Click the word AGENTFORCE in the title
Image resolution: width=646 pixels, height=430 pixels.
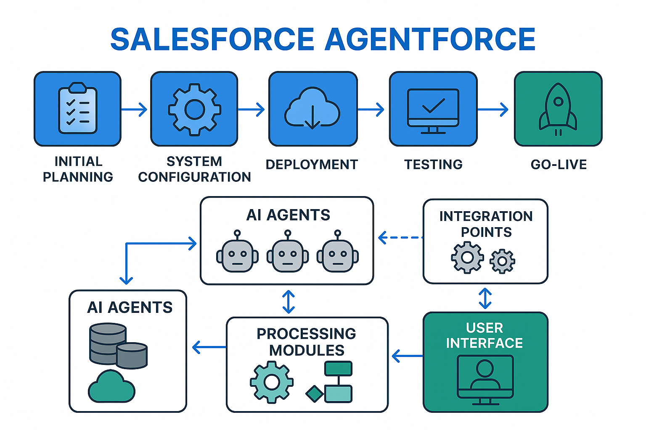[x=429, y=39]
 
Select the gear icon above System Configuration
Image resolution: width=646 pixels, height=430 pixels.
[x=194, y=109]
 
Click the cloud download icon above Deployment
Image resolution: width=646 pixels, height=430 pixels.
[x=312, y=109]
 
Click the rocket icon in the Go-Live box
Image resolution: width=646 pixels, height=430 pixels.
[x=558, y=108]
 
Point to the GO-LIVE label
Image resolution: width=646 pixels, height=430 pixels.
[x=559, y=164]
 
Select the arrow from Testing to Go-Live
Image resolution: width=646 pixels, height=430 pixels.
[x=493, y=110]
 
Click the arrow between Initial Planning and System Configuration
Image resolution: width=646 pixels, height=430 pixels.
[x=135, y=110]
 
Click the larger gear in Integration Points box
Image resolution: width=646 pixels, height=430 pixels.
[x=467, y=257]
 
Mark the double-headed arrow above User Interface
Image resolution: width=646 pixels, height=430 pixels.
[x=485, y=298]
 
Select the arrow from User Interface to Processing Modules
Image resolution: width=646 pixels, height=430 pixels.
[x=407, y=356]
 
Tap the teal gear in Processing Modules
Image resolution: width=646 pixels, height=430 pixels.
[x=271, y=382]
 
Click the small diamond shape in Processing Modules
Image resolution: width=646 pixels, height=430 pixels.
[x=314, y=393]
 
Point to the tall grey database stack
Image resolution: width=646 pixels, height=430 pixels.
[x=107, y=343]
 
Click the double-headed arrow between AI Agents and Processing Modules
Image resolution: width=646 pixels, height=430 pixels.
[x=289, y=302]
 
